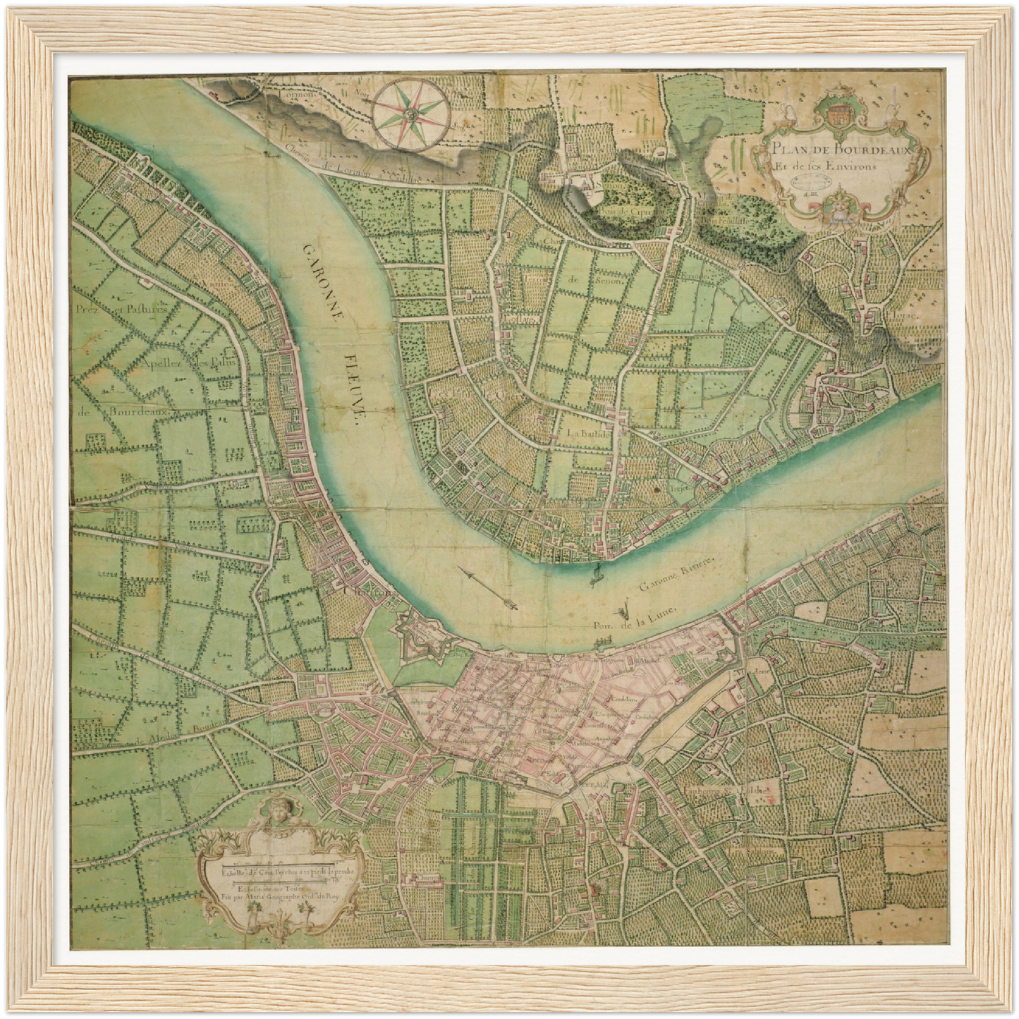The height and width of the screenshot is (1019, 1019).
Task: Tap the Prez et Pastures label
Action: click(x=123, y=309)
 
